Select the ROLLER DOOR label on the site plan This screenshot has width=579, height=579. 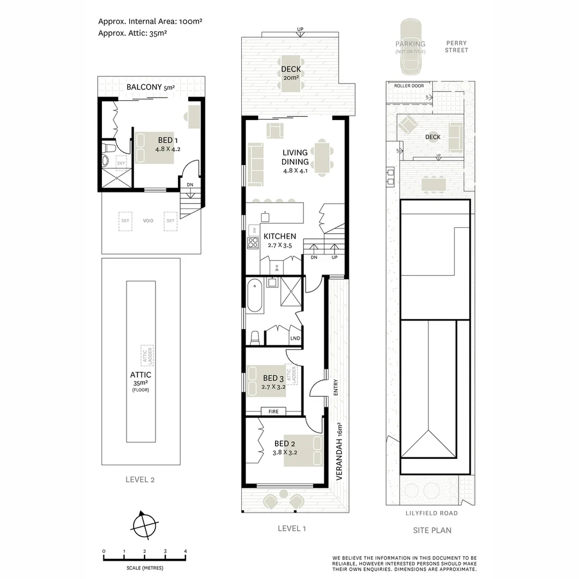[x=409, y=86]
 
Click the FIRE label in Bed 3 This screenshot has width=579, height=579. [x=273, y=411]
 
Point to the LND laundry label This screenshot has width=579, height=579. [x=295, y=338]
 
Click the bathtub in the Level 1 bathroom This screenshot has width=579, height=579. [x=255, y=295]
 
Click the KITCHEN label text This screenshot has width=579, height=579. [x=279, y=236]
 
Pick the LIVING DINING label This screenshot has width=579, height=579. [x=295, y=158]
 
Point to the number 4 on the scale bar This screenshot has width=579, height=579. [x=185, y=551]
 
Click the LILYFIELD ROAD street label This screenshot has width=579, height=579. [x=431, y=513]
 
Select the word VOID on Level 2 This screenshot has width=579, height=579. [x=148, y=221]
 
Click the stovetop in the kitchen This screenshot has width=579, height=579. [x=252, y=243]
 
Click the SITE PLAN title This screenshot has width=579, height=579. [x=432, y=530]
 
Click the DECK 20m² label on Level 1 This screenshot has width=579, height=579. [x=291, y=72]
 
